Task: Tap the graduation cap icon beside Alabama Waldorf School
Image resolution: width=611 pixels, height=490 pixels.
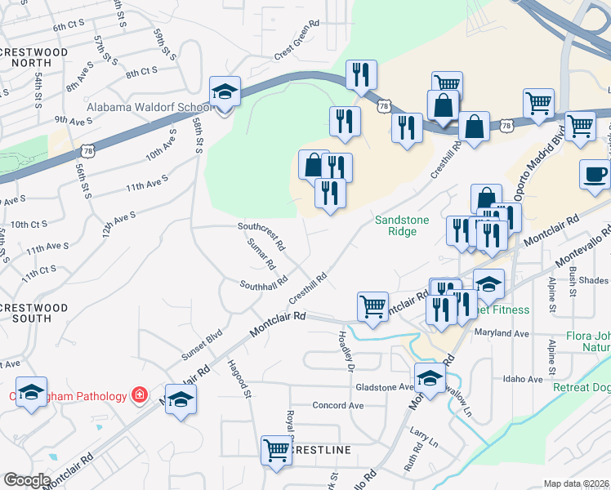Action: (224, 93)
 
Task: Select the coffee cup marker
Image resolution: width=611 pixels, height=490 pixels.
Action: (595, 174)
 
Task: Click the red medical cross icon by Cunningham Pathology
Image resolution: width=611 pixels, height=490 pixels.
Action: (140, 395)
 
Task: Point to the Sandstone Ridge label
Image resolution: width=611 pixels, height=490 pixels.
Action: (407, 225)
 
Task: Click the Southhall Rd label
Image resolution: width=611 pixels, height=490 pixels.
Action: (263, 283)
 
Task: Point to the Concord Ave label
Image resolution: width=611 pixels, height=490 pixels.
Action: (338, 405)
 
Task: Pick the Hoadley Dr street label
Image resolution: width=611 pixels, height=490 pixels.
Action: (347, 351)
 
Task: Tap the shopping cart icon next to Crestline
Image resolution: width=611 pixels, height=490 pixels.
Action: (276, 450)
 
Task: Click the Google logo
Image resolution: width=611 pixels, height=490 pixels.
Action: (27, 480)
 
